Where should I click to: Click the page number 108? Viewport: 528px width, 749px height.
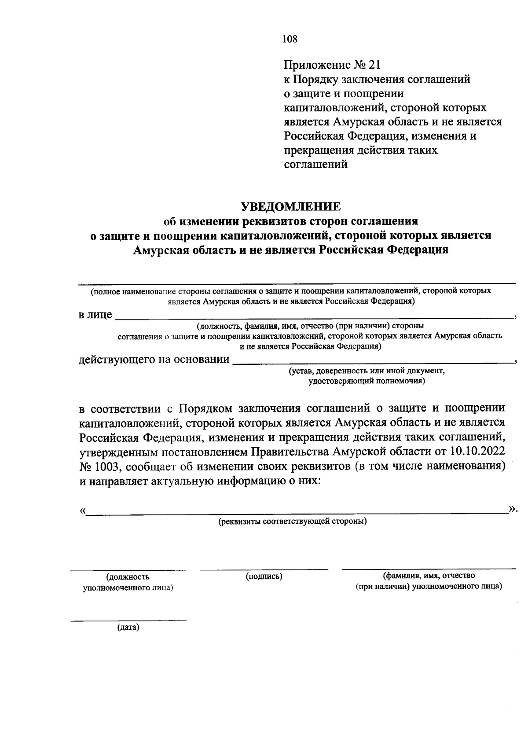290,39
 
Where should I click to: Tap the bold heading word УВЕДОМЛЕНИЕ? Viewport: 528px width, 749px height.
290,206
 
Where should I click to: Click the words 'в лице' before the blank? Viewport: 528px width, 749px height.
95,316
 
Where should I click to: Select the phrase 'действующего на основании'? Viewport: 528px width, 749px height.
154,360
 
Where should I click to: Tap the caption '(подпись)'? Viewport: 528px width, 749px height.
264,576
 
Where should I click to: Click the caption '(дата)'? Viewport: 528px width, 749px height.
128,628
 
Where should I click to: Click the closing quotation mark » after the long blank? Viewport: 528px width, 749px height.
512,509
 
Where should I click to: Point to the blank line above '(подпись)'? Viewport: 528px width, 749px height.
264,569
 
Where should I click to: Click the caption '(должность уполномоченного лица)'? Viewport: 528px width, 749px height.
128,582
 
